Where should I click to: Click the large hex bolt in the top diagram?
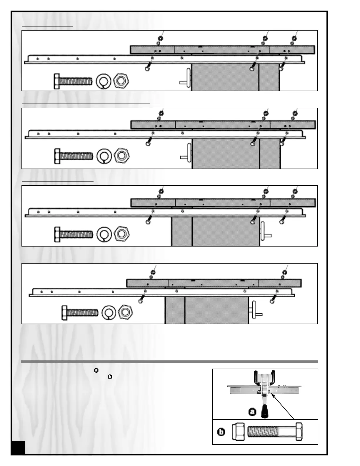click(73, 81)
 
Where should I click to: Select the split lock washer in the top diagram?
click(104, 81)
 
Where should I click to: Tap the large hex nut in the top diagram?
click(121, 81)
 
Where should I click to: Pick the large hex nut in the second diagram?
click(121, 155)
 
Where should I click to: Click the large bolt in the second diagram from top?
click(74, 156)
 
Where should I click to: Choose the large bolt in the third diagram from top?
click(74, 234)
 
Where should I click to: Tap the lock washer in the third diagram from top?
click(104, 234)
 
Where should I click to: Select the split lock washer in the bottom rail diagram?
click(109, 313)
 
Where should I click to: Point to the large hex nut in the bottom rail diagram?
click(125, 312)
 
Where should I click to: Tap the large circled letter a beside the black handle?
click(252, 412)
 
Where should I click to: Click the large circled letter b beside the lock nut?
click(221, 432)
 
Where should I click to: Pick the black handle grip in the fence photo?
click(265, 411)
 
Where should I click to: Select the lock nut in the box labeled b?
click(239, 432)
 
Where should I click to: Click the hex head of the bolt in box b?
click(299, 432)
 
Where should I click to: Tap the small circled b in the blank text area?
click(110, 377)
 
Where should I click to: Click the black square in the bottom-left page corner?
click(19, 447)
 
